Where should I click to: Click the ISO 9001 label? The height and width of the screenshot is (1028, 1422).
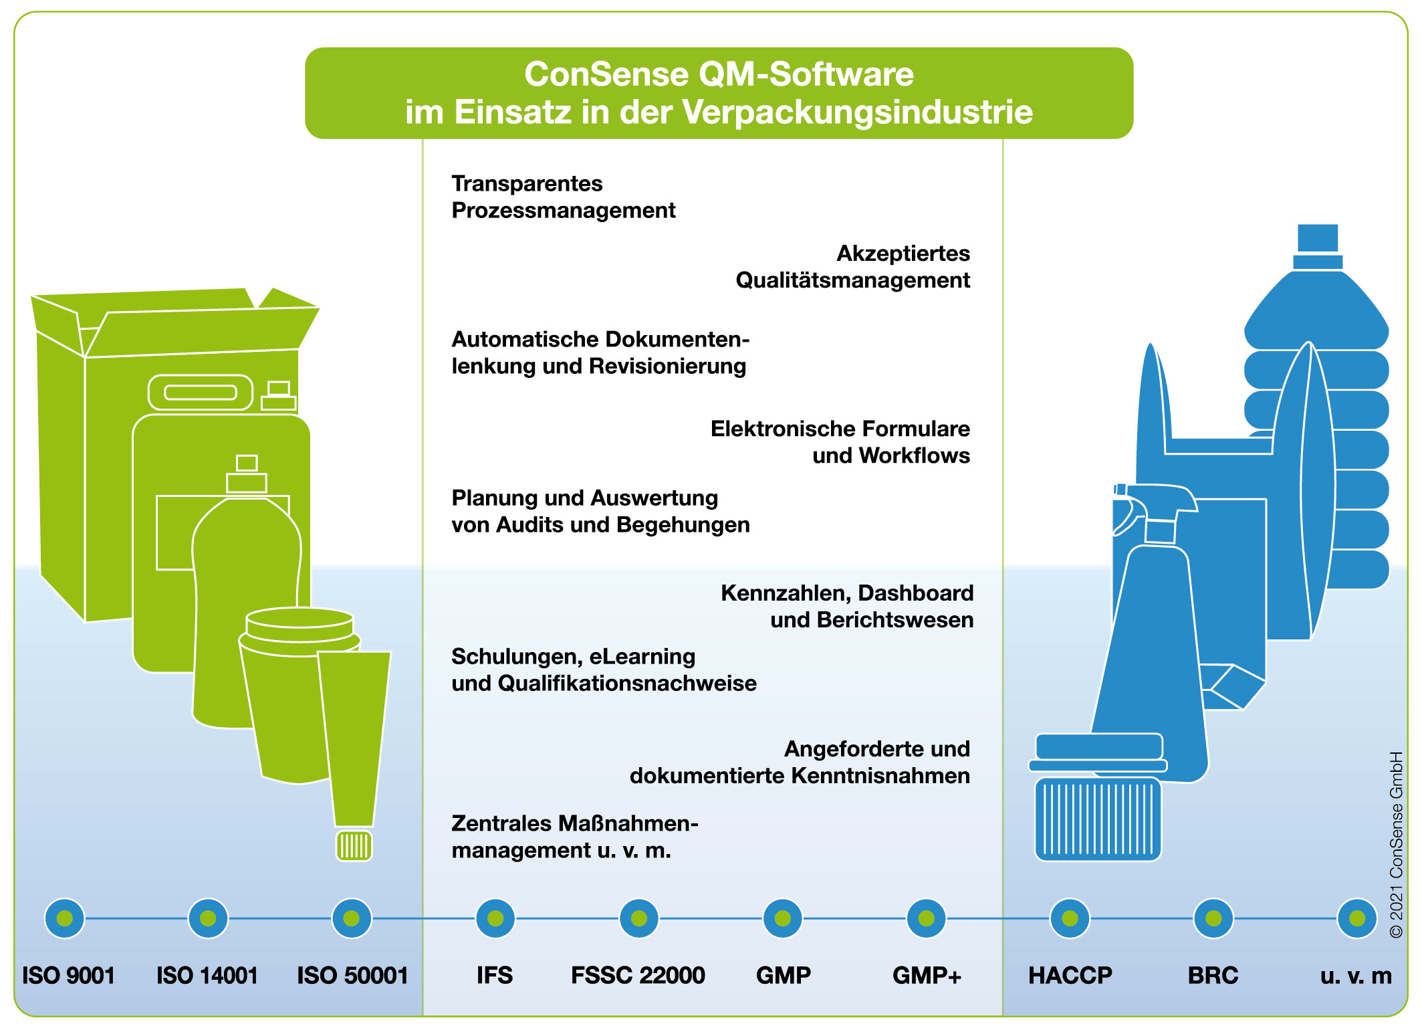point(68,975)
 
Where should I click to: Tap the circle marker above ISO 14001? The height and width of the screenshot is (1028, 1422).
point(208,918)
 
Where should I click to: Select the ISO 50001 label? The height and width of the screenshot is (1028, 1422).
point(352,975)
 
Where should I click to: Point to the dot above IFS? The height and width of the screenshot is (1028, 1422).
point(495,918)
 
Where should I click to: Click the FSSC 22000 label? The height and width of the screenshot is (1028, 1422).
point(638,975)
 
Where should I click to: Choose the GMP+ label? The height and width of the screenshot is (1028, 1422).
point(927,976)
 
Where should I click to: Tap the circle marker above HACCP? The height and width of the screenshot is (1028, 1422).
point(1070,918)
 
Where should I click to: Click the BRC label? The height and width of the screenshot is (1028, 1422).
point(1213,975)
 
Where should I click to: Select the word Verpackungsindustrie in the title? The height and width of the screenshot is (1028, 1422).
point(858,112)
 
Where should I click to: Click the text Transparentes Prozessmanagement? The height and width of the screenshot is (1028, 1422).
point(564,197)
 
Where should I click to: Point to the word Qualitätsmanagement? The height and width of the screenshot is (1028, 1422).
point(852,280)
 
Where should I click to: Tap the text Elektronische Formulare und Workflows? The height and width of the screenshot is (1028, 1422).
point(840,441)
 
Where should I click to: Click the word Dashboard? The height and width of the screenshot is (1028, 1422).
point(916,593)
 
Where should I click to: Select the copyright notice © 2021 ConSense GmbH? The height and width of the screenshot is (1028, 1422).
point(1396,844)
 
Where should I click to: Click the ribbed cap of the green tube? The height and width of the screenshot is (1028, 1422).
point(354,845)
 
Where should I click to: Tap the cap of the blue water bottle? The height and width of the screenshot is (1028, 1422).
point(1318,246)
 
